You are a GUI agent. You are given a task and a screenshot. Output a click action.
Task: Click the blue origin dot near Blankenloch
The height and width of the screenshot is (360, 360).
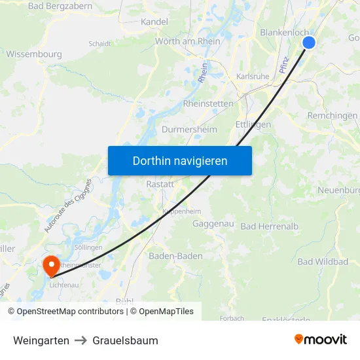pos(309,43)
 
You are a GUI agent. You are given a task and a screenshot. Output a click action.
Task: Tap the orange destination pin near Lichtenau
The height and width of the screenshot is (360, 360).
pos(50,266)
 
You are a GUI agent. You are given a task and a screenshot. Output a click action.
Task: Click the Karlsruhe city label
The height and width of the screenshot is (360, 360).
pos(252,77)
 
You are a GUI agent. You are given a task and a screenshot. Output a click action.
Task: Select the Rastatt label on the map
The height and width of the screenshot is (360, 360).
pos(160,184)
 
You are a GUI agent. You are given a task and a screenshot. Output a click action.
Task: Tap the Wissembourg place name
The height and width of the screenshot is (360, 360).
pos(34,54)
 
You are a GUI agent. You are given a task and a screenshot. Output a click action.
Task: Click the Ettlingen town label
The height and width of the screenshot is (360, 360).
pos(253,124)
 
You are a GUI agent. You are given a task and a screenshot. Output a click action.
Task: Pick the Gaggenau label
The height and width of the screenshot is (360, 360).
pos(213,224)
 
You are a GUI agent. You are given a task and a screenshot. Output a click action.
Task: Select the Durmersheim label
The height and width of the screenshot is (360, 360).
pos(189,130)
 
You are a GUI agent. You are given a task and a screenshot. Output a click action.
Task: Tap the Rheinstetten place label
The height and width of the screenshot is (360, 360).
pos(208,103)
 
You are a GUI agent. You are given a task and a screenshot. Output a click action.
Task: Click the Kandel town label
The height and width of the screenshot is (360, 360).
pos(154,22)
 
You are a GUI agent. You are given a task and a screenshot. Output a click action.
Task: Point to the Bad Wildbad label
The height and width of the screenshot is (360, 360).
pos(323,262)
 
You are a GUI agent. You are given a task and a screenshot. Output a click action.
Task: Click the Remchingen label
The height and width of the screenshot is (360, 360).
pos(333,115)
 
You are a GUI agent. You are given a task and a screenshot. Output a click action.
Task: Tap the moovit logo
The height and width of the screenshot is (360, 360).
pos(321,339)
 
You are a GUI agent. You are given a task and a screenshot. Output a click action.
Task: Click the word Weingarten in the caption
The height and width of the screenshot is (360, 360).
pos(41,340)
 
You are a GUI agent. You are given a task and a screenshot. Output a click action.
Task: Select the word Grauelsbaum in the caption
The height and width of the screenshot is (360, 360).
pos(125,340)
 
